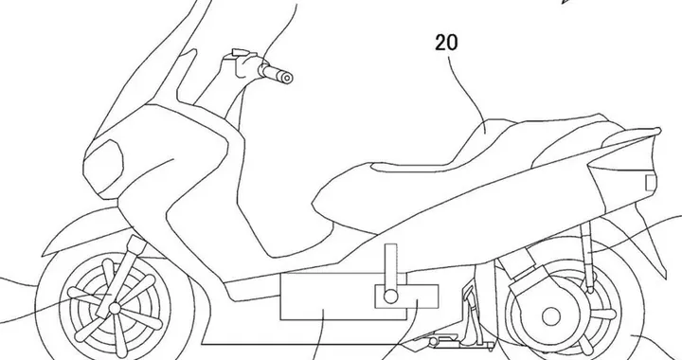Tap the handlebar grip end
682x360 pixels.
[x=287, y=76]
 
